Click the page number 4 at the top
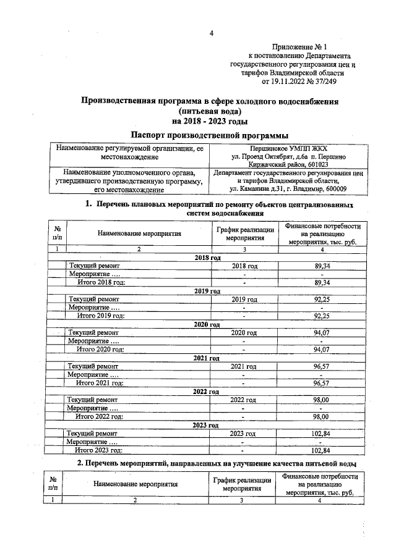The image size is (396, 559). coord(211,33)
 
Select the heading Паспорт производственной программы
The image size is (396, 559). coord(210,135)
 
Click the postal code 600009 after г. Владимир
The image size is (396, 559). coord(334,189)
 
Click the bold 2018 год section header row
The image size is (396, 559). coord(207,256)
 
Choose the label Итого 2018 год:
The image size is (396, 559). coord(100,282)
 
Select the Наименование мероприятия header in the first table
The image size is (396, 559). coord(139,234)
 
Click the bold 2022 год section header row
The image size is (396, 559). coord(207,392)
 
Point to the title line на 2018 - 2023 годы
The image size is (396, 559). coord(210,120)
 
